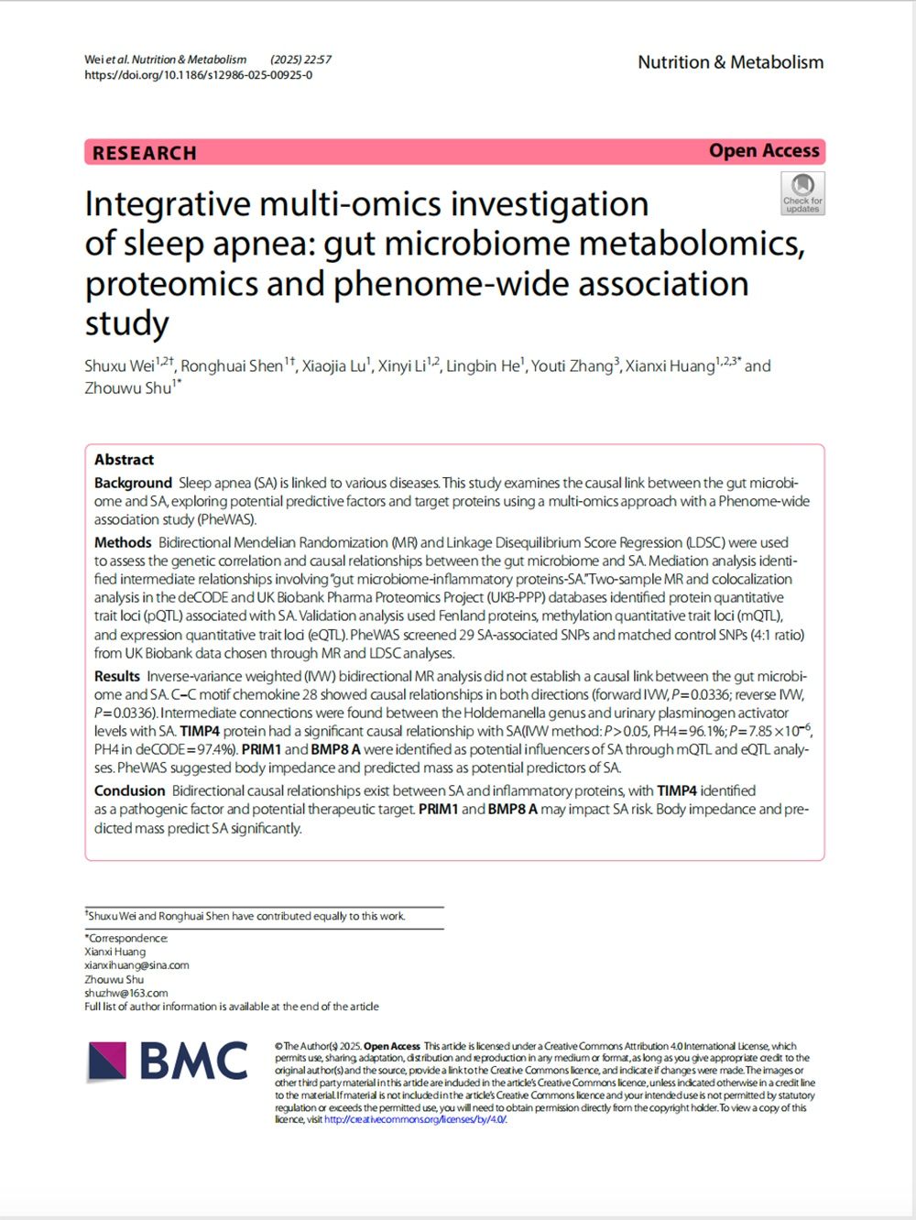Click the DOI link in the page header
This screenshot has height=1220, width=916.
[x=198, y=75]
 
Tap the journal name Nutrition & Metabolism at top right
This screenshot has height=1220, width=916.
[x=730, y=62]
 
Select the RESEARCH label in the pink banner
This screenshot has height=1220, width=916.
[x=145, y=153]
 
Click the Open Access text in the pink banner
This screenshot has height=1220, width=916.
[x=764, y=151]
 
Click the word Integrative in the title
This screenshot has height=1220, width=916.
[x=168, y=204]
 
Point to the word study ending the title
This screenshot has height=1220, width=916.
[x=126, y=323]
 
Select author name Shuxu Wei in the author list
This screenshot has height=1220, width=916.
[x=119, y=366]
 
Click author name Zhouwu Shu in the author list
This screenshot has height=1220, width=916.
[x=128, y=388]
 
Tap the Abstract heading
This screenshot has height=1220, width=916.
[x=124, y=460]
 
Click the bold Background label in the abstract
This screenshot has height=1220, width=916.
[x=133, y=483]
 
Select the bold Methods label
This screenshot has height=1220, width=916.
[x=122, y=542]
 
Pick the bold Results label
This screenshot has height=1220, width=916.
[x=117, y=676]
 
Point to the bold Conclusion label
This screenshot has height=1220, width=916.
[x=129, y=790]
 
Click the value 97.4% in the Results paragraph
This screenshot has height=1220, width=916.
[x=213, y=749]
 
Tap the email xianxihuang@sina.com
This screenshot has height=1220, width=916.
[x=136, y=965]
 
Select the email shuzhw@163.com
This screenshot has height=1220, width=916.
[x=126, y=993]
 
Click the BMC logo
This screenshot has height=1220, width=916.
[x=169, y=1062]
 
